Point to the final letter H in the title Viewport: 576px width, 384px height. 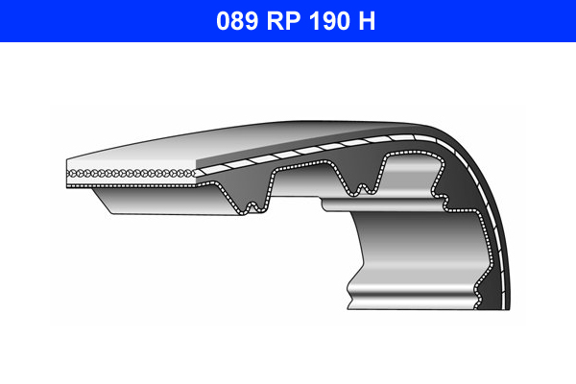pos(367,20)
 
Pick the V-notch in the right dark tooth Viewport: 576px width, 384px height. pos(364,183)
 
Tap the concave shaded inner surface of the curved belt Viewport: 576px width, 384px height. pos(403,250)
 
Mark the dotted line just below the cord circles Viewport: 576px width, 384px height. pos(134,180)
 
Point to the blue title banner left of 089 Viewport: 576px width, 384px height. pos(96,20)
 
